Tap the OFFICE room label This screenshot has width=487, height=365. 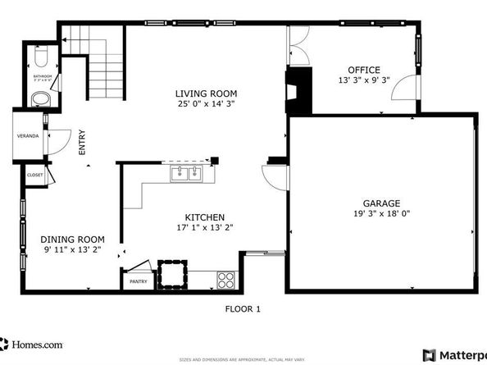(363, 70)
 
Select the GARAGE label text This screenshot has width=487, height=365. (381, 203)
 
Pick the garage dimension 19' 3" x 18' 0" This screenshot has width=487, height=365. (381, 214)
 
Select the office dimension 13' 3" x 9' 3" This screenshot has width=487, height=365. (363, 81)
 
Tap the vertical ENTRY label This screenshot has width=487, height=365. (82, 144)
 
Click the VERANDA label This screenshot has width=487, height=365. (28, 135)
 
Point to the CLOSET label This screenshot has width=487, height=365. (35, 175)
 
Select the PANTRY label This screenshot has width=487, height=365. (138, 281)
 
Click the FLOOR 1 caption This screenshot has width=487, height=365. (243, 309)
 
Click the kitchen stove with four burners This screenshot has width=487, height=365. (226, 280)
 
